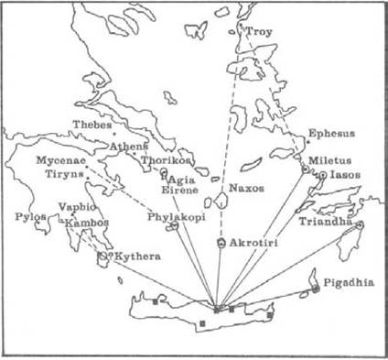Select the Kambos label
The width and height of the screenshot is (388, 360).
[x=88, y=223]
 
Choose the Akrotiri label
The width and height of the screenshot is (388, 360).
[x=253, y=243]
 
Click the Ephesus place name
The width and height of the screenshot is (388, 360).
[x=330, y=134]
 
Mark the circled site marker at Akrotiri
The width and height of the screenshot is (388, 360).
[x=221, y=243]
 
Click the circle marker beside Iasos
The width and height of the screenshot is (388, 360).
[x=322, y=175]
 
